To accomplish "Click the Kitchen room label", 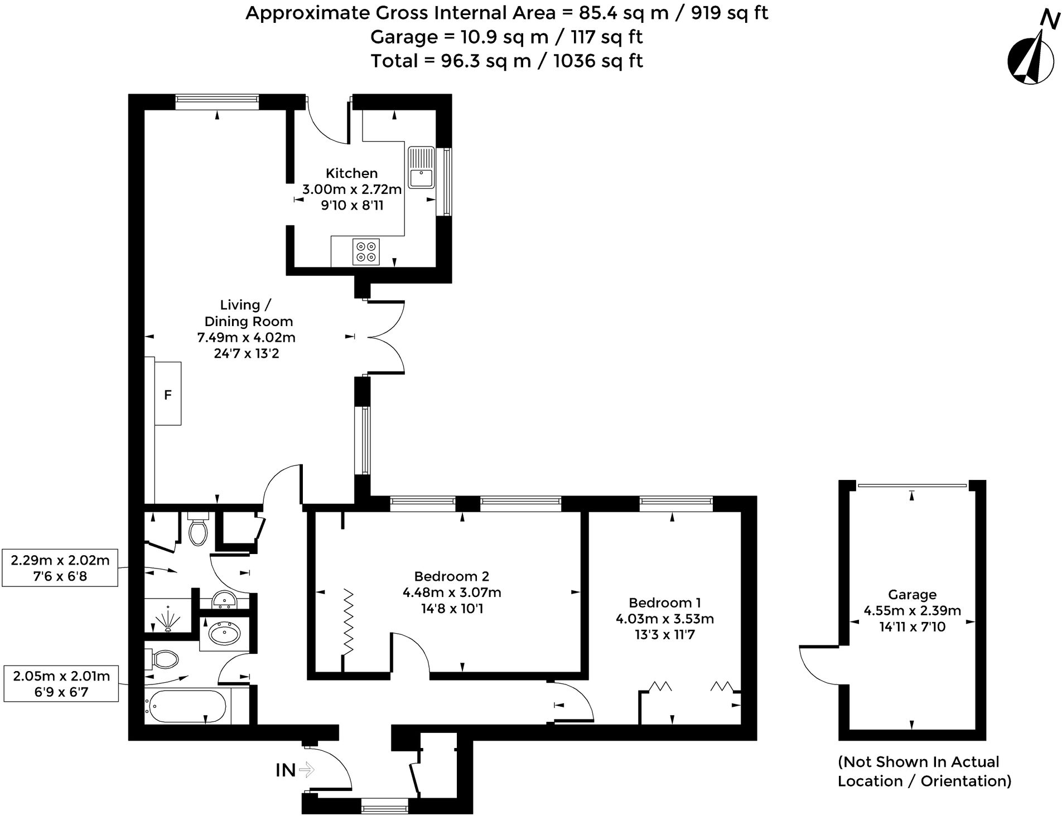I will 351,173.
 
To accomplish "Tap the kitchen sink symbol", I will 421,168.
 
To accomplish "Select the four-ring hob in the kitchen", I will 366,251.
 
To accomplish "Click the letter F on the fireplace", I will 167,395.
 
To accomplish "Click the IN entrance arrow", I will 306,770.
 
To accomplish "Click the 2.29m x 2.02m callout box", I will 60,568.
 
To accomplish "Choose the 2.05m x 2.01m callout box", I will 61,684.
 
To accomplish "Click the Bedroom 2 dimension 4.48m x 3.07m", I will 452,592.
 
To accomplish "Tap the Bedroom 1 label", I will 664,603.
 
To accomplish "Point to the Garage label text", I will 912,595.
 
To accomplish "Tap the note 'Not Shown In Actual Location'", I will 924,771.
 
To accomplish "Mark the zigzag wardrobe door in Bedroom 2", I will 348,621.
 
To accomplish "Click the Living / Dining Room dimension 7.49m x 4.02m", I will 247,337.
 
